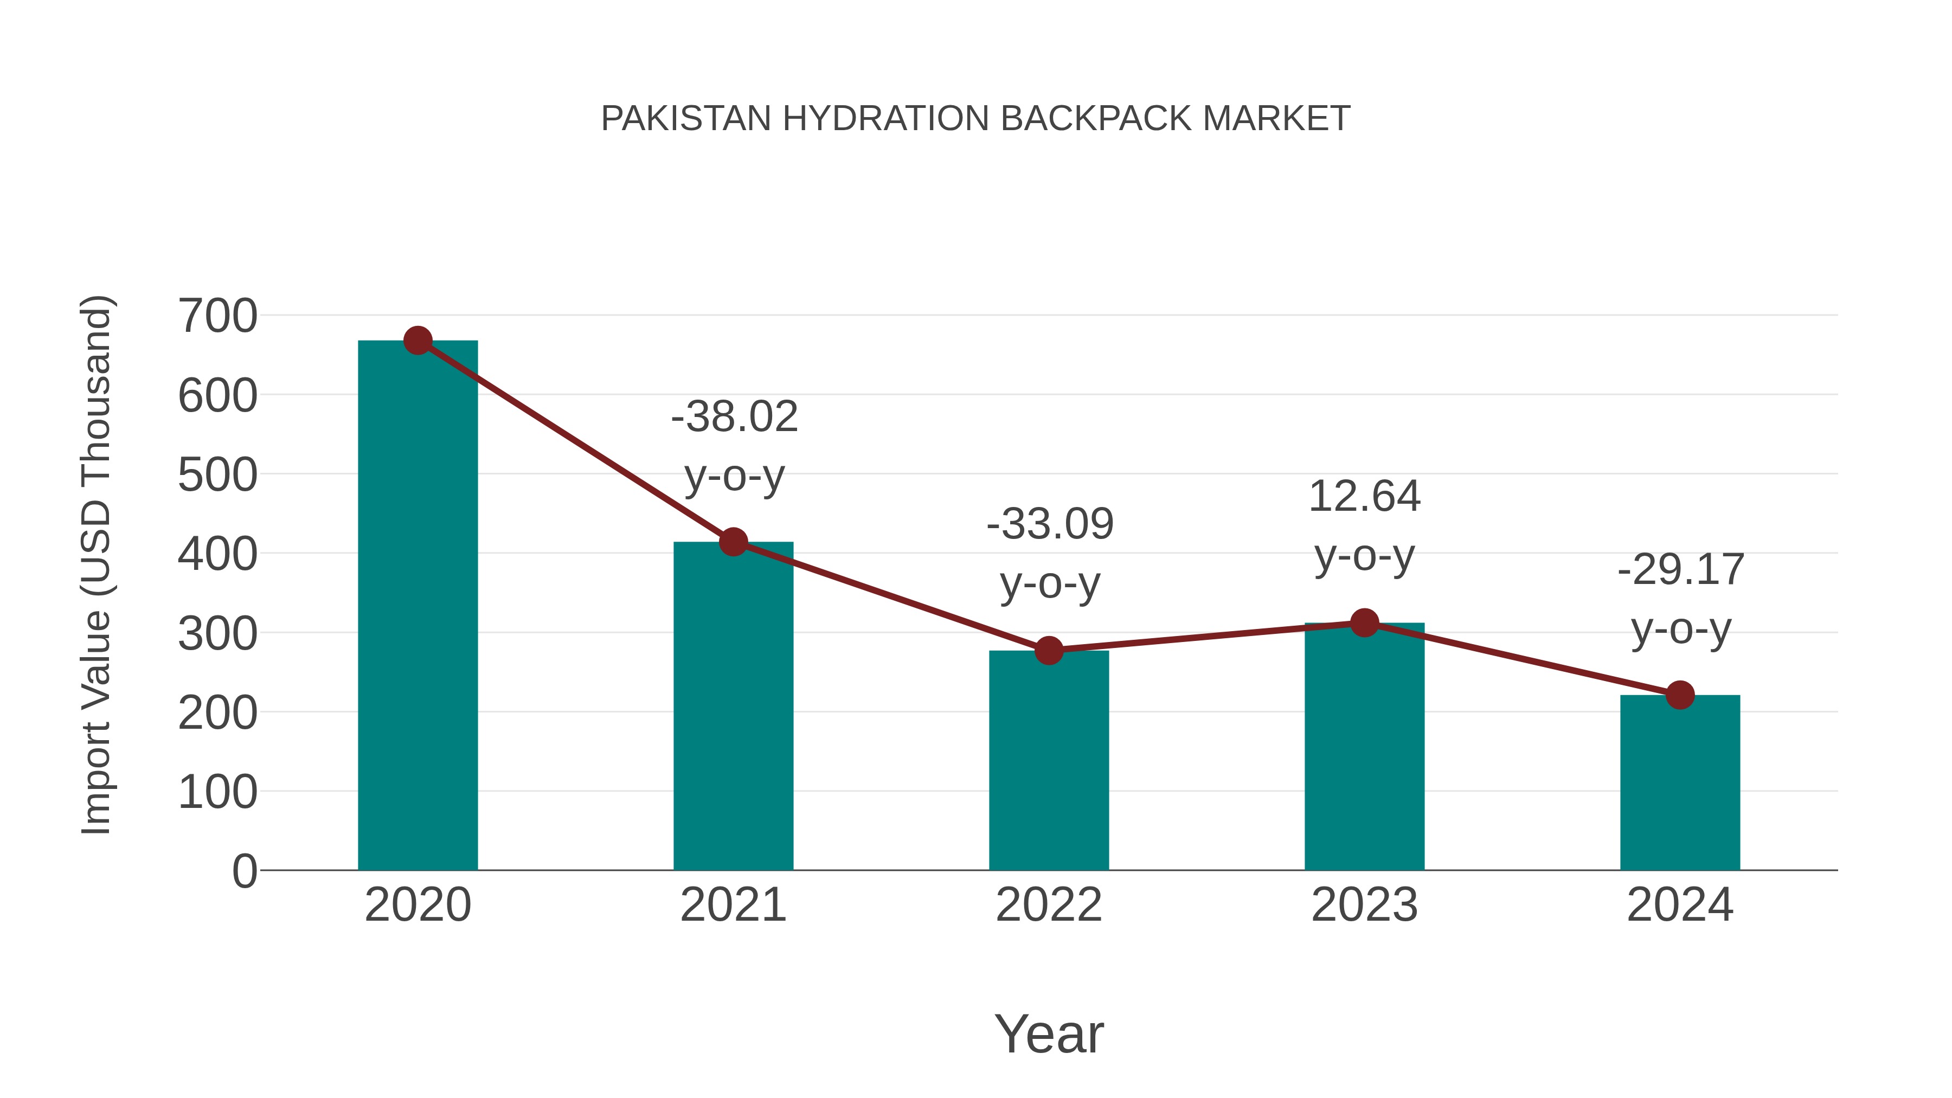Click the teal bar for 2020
pos(418,606)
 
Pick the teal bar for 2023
pos(1364,747)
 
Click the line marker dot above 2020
pos(418,341)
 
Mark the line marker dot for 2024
pos(1680,695)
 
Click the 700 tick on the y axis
pos(217,316)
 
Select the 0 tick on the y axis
pos(244,871)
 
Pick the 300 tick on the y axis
pos(217,633)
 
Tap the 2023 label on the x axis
pos(1364,905)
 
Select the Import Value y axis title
pos(97,564)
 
